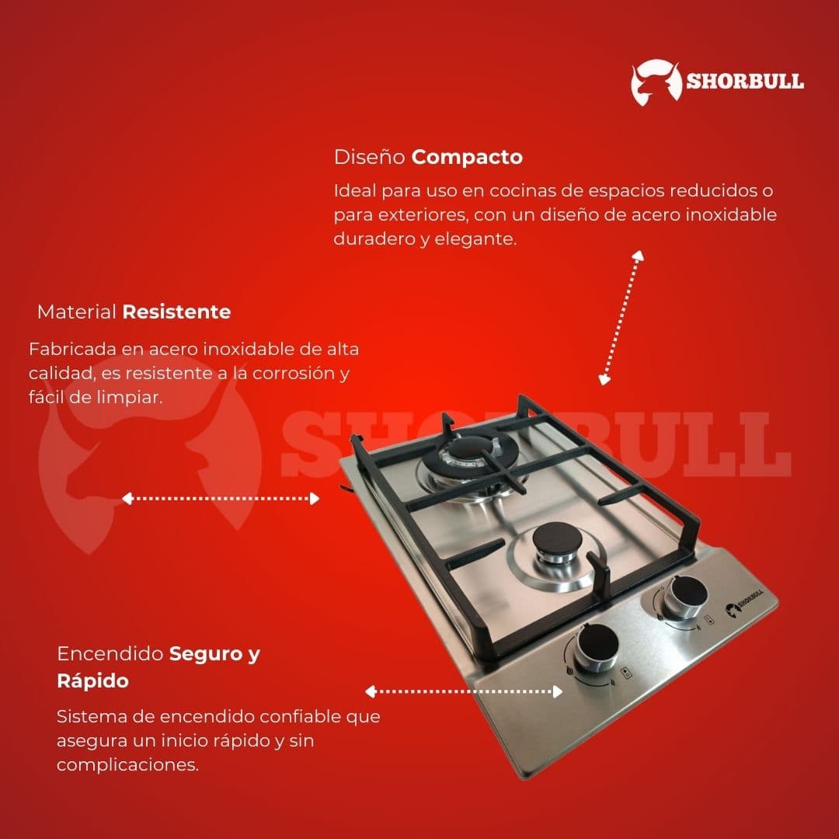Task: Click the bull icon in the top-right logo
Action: (656, 82)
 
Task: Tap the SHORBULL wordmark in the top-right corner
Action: (744, 82)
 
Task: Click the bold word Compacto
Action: (467, 157)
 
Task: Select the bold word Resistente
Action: (176, 312)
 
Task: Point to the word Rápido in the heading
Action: (92, 681)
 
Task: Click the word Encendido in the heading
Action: (110, 654)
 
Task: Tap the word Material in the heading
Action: (76, 312)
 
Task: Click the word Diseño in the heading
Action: (370, 157)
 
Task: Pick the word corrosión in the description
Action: (295, 374)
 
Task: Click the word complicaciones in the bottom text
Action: (127, 764)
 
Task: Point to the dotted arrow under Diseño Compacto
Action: (621, 318)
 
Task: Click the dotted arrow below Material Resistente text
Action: (221, 499)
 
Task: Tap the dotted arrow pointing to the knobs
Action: (464, 691)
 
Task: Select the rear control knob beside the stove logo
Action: (687, 596)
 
